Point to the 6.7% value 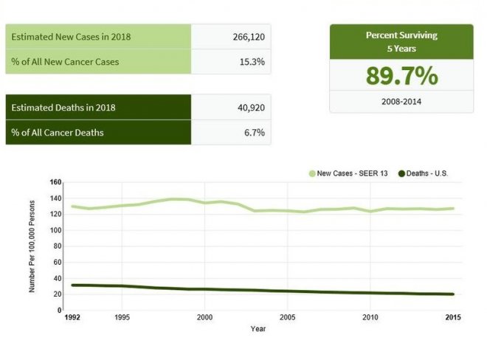pyautogui.click(x=255, y=133)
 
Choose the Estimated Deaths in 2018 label pyautogui.click(x=63, y=108)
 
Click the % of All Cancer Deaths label pyautogui.click(x=58, y=133)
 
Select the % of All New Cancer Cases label pyautogui.click(x=65, y=61)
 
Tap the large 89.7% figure pyautogui.click(x=401, y=75)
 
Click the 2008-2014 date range pyautogui.click(x=401, y=101)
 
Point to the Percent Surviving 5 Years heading pyautogui.click(x=401, y=41)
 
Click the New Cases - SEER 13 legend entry pyautogui.click(x=350, y=174)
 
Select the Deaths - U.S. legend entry pyautogui.click(x=424, y=174)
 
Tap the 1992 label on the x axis pyautogui.click(x=72, y=318)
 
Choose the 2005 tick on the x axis pyautogui.click(x=288, y=318)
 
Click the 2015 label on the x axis pyautogui.click(x=452, y=318)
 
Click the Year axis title pyautogui.click(x=258, y=329)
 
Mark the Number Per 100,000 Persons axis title pyautogui.click(x=32, y=246)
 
